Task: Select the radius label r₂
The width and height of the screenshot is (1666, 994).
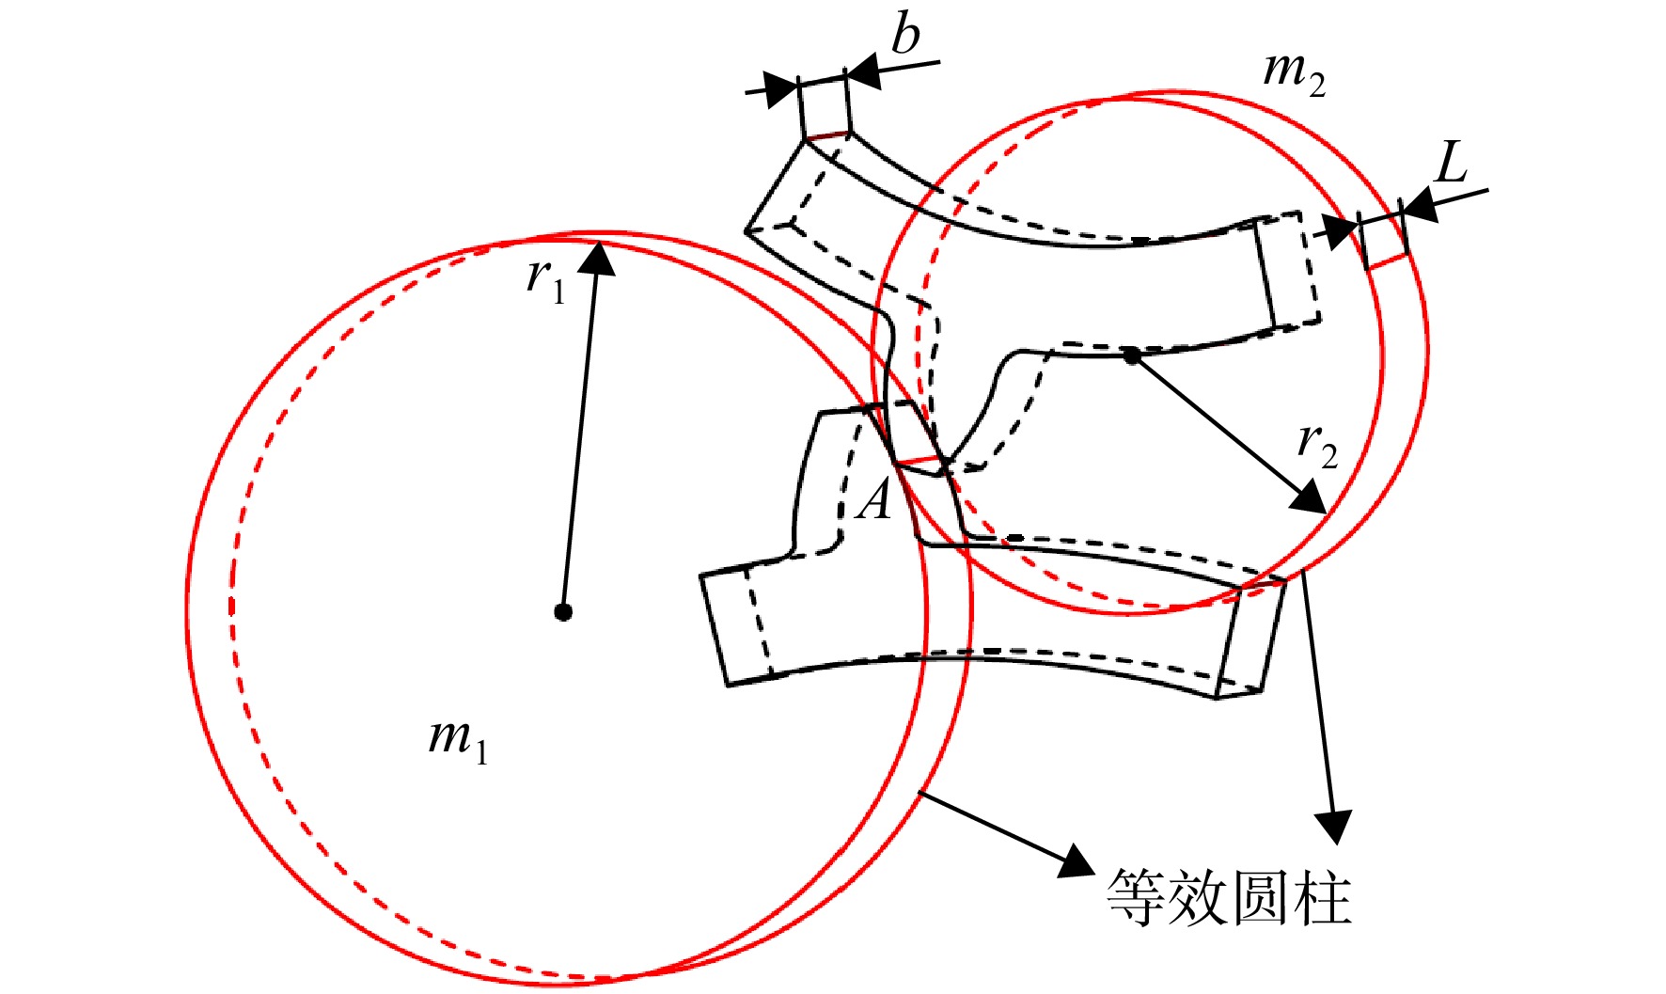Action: (x=1317, y=444)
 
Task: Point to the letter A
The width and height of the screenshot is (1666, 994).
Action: (x=874, y=499)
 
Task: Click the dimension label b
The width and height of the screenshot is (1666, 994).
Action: (x=905, y=36)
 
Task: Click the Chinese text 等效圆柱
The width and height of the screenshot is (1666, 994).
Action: (x=1230, y=896)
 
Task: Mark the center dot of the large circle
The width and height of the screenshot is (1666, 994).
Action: (x=562, y=612)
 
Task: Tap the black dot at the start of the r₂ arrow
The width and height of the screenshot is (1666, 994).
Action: (x=1132, y=355)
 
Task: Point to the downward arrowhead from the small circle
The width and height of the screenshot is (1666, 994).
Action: (x=1333, y=826)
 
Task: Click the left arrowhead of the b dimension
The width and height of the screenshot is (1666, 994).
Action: (x=780, y=88)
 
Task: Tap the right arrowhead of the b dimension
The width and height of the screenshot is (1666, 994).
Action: (x=863, y=70)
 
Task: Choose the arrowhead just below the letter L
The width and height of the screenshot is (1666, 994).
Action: (x=1421, y=206)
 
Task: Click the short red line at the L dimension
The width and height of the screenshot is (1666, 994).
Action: (x=1388, y=260)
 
